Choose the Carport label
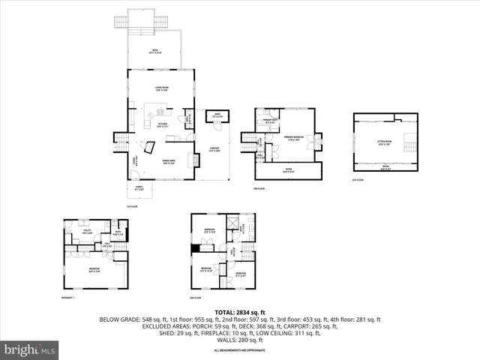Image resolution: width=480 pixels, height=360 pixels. coord(214,148)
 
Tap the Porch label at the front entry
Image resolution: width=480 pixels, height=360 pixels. coord(138,190)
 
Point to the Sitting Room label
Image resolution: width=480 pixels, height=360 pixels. coord(383,144)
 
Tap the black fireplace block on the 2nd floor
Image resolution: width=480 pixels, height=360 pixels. coord(196,249)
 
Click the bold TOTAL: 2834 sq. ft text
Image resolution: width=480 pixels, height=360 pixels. coord(240,311)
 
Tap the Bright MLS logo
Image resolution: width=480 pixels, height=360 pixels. coord(30,349)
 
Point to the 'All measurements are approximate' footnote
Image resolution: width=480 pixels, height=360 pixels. coord(240,350)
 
